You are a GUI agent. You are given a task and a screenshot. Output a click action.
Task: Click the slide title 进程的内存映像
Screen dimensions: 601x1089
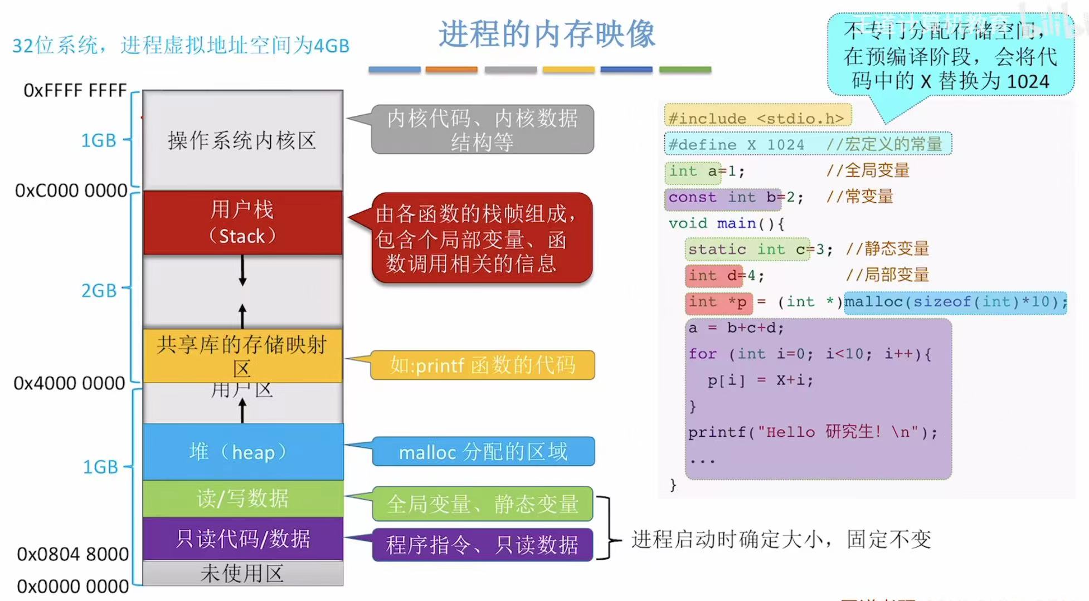click(x=546, y=35)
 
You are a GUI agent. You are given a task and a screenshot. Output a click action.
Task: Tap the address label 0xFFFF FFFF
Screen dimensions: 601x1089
click(x=75, y=90)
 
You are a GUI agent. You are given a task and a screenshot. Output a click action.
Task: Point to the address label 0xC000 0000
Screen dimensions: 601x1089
click(x=71, y=190)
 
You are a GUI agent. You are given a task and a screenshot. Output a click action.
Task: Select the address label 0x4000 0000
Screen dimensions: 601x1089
click(x=70, y=383)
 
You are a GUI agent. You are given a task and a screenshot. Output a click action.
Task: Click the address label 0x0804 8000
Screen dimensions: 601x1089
click(x=73, y=554)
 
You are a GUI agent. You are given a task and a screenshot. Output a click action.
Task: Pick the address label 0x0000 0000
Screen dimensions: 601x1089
click(x=73, y=587)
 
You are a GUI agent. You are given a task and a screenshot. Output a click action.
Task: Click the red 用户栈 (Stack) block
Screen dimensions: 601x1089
click(x=242, y=223)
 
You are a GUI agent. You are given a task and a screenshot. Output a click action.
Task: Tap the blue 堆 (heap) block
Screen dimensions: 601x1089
click(x=242, y=452)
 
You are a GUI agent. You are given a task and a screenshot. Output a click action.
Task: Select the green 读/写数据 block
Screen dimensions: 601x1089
click(x=242, y=499)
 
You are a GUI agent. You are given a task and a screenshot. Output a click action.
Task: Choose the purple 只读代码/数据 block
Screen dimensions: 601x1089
click(x=242, y=539)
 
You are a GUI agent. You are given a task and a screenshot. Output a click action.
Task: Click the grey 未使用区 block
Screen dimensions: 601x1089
click(x=242, y=573)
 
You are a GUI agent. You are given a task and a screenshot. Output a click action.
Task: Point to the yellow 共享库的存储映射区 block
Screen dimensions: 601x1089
click(x=242, y=355)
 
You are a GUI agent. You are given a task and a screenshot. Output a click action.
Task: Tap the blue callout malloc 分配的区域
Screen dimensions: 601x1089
click(x=483, y=452)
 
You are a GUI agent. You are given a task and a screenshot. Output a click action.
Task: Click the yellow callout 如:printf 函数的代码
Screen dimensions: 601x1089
click(x=483, y=365)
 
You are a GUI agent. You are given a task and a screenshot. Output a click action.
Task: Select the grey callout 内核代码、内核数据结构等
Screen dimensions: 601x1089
click(x=483, y=129)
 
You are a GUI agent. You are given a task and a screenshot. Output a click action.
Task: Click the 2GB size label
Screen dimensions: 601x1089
click(x=99, y=290)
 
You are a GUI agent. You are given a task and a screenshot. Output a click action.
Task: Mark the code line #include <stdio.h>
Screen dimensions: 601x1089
click(x=757, y=118)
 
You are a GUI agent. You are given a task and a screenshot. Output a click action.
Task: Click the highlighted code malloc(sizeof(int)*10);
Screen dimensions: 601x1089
click(x=955, y=302)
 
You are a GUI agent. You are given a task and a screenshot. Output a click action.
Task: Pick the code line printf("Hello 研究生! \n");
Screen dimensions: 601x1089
click(x=813, y=432)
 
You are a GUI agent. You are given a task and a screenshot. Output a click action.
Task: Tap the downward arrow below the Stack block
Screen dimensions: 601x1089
click(x=242, y=271)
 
